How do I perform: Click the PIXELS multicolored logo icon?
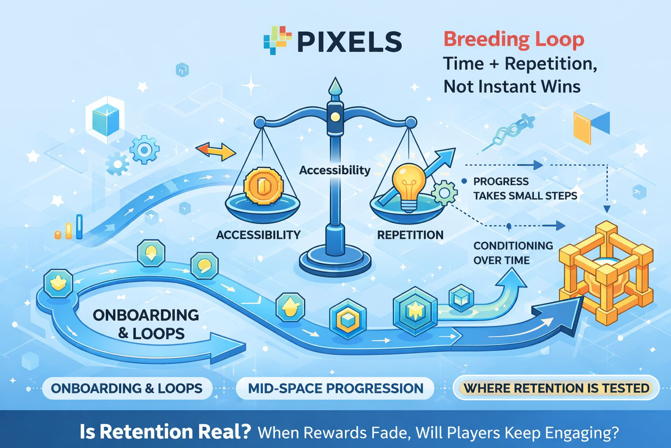277,40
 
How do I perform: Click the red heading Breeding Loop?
514,39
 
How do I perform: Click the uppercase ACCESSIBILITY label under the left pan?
258,235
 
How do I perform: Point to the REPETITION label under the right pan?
410,235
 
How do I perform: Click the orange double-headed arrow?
216,151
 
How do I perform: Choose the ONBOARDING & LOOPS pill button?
127,388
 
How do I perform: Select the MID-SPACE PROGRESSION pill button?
335,388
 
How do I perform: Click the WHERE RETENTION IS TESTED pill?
556,388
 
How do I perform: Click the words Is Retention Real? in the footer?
165,432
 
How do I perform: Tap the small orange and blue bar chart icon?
69,228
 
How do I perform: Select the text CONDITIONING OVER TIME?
512,253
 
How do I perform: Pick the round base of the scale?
335,261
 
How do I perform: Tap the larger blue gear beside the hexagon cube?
144,150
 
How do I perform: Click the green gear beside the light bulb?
444,192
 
